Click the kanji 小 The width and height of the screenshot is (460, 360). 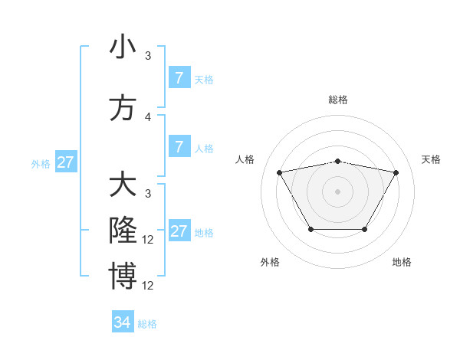(123, 47)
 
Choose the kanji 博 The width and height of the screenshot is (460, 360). (123, 277)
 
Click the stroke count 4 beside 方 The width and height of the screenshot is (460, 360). (148, 117)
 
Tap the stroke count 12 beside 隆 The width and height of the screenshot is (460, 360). (149, 240)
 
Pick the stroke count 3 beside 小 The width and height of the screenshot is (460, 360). (148, 55)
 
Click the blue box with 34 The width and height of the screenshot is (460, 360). (122, 322)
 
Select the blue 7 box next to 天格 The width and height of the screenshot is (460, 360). (179, 77)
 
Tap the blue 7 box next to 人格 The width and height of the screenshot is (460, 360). (179, 147)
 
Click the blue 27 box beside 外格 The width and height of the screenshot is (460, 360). (66, 162)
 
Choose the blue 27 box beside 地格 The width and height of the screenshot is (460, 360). (179, 231)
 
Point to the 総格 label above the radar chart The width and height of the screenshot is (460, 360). (338, 100)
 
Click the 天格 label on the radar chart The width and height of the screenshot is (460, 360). (431, 159)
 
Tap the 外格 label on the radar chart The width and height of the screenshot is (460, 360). (270, 262)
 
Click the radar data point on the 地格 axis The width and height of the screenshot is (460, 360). (364, 229)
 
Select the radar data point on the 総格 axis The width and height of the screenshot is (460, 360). (338, 161)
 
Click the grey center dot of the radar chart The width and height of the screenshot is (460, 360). (338, 191)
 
